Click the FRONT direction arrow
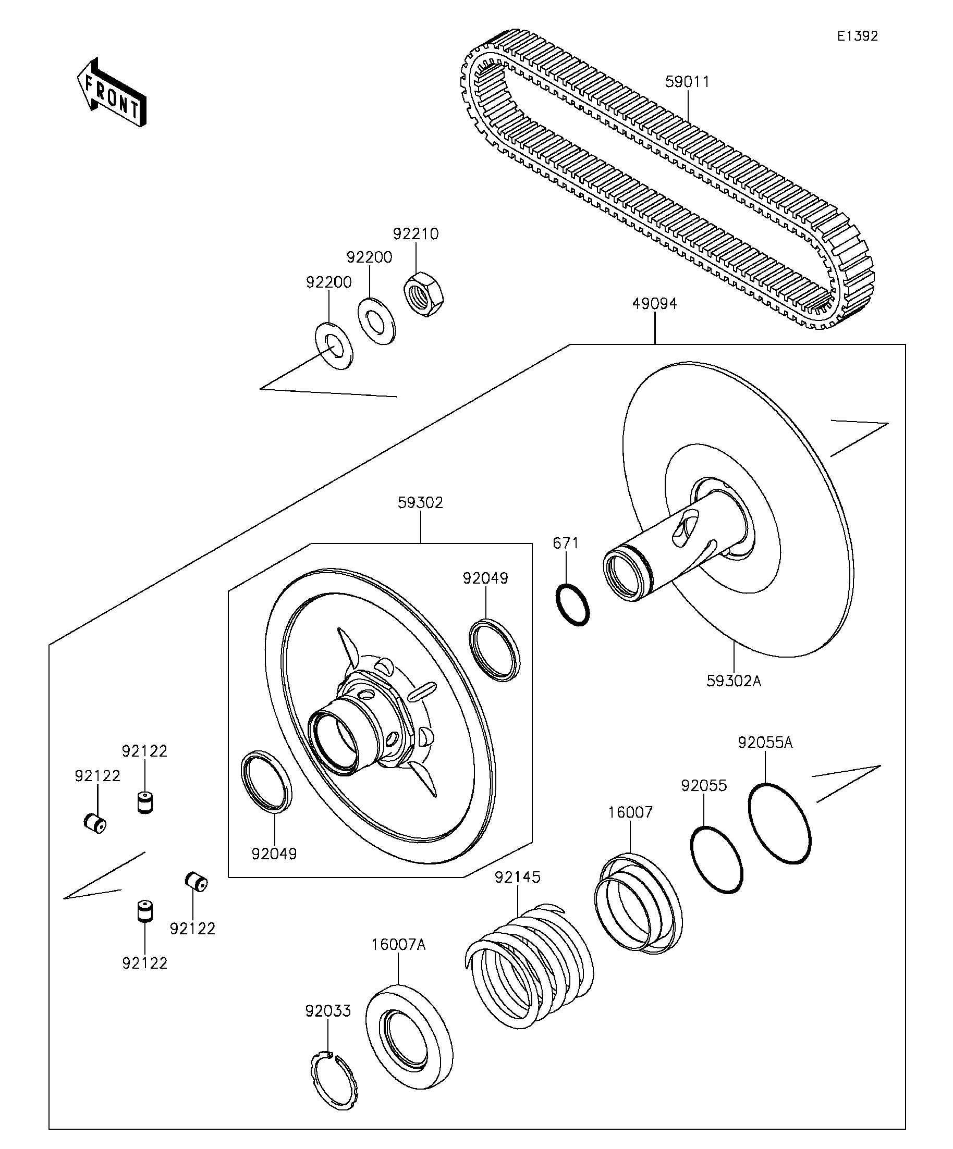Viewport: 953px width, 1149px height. pyautogui.click(x=111, y=93)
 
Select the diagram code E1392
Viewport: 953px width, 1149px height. pyautogui.click(x=857, y=36)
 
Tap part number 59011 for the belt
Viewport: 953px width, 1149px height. pyautogui.click(x=687, y=82)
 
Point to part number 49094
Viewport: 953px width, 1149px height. pyautogui.click(x=654, y=304)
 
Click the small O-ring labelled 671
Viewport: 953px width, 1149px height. pyautogui.click(x=572, y=604)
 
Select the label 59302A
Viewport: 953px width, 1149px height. pyautogui.click(x=734, y=681)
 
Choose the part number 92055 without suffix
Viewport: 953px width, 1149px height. pyautogui.click(x=704, y=786)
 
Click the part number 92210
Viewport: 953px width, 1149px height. pyautogui.click(x=416, y=234)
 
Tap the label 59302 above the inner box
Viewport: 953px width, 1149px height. pyautogui.click(x=420, y=503)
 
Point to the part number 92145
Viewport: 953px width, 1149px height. pyautogui.click(x=517, y=878)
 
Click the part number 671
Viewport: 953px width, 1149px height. pyautogui.click(x=566, y=543)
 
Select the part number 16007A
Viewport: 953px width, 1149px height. pyautogui.click(x=398, y=945)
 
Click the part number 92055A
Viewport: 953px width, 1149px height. pyautogui.click(x=765, y=743)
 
